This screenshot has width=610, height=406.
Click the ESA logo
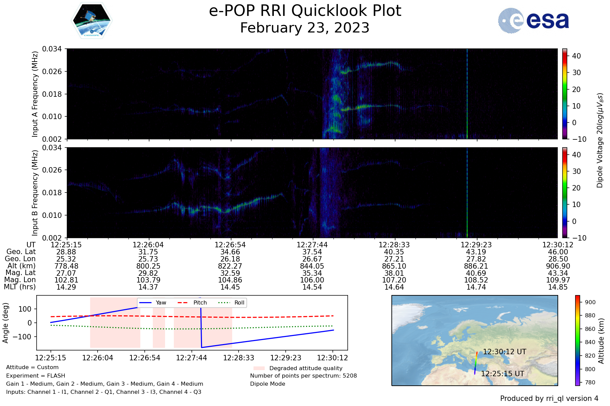pyautogui.click(x=533, y=20)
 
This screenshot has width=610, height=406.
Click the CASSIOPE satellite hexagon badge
pyautogui.click(x=92, y=20)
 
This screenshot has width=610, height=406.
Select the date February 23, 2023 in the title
pyautogui.click(x=305, y=28)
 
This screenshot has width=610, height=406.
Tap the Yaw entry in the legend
pyautogui.click(x=152, y=302)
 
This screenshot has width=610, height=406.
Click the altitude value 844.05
pyautogui.click(x=312, y=266)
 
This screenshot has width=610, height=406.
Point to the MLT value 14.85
pyautogui.click(x=558, y=287)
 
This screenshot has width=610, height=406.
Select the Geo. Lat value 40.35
pyautogui.click(x=394, y=252)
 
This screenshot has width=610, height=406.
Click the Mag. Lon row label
pyautogui.click(x=20, y=280)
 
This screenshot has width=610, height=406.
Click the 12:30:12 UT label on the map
pyautogui.click(x=505, y=352)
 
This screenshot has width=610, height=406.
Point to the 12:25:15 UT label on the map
pyautogui.click(x=503, y=374)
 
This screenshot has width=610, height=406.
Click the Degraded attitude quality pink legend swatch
pyautogui.click(x=259, y=368)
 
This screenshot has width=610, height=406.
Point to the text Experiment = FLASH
pyautogui.click(x=36, y=376)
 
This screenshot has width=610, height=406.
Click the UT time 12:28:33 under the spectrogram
pyautogui.click(x=394, y=245)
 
